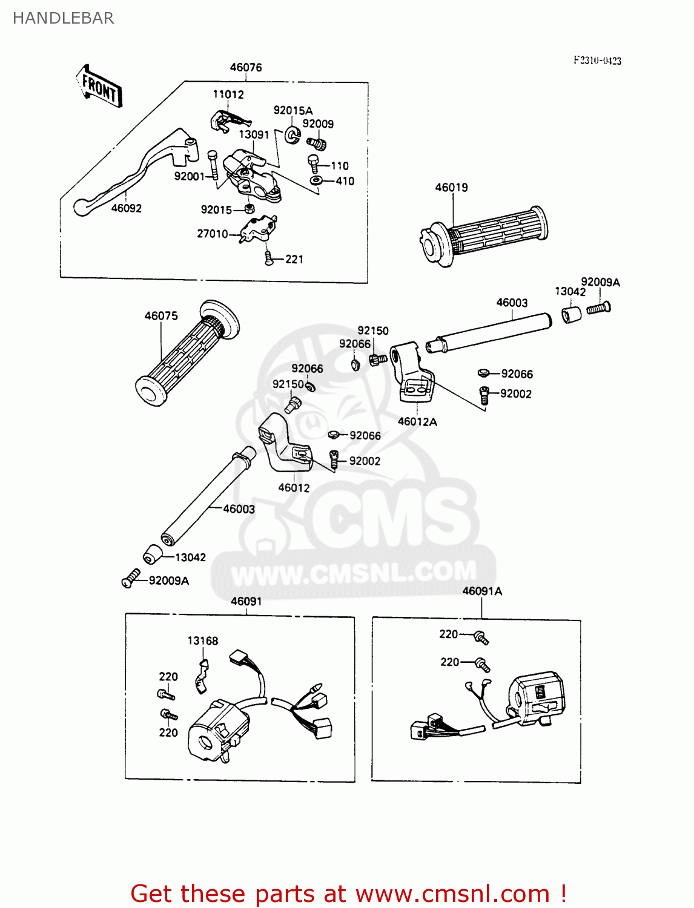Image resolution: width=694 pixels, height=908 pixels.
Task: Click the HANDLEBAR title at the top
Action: point(63,18)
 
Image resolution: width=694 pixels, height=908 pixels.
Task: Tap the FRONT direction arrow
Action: point(99,87)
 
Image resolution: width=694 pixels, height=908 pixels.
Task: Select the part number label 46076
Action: point(246,67)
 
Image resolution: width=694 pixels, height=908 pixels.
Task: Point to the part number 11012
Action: point(228,94)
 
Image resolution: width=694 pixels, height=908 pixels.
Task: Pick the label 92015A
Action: point(293,110)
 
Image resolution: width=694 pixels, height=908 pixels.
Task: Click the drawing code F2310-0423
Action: point(597,61)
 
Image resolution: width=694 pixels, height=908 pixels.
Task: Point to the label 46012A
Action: point(417,422)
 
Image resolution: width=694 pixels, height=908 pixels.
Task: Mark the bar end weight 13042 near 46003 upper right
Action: point(571,315)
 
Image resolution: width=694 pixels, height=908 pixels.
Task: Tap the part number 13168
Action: point(203,640)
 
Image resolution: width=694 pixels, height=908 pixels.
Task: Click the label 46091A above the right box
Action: point(482,591)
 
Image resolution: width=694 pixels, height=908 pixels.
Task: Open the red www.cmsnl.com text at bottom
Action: point(452,893)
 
